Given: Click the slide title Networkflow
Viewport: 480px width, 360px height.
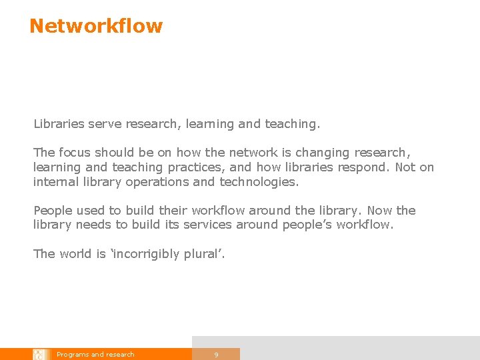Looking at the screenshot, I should pyautogui.click(x=96, y=26).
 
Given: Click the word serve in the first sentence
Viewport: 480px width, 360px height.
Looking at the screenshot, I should pyautogui.click(x=103, y=124).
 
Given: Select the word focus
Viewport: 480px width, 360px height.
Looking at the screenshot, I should pyautogui.click(x=74, y=153).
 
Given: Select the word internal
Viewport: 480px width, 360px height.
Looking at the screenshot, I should pyautogui.click(x=54, y=181).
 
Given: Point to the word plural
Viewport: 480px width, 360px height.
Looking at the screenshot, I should pyautogui.click(x=205, y=254).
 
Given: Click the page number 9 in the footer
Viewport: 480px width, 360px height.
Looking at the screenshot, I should pyautogui.click(x=216, y=355).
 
